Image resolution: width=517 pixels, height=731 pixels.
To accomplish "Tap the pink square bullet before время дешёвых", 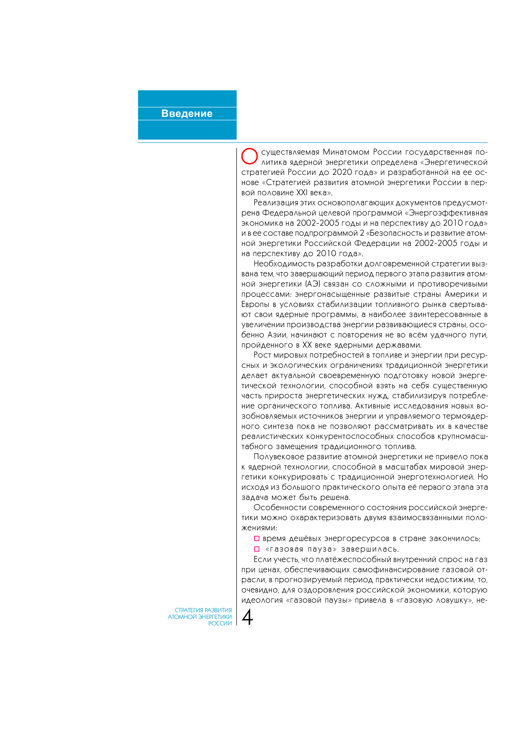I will click(257, 538).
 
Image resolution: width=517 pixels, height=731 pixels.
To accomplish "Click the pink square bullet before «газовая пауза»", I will click(257, 549).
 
